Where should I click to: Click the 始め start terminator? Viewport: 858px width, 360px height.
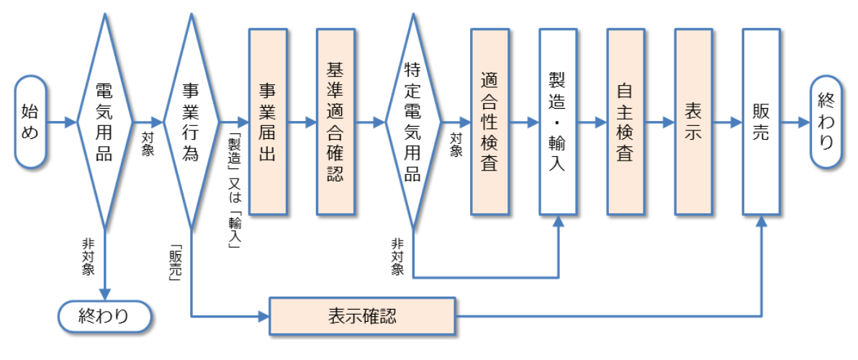click(x=30, y=122)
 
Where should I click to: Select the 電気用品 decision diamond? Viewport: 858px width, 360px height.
click(x=104, y=122)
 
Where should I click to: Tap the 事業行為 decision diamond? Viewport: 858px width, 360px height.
click(x=191, y=122)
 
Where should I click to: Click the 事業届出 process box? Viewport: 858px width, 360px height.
click(x=268, y=122)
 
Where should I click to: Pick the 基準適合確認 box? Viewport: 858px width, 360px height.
click(x=335, y=122)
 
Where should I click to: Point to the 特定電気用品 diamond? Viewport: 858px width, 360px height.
click(x=412, y=122)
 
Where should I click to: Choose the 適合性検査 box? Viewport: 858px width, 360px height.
click(x=489, y=122)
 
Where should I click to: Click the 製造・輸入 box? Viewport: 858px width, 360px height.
click(x=558, y=122)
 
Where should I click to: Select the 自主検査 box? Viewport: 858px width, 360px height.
click(x=626, y=122)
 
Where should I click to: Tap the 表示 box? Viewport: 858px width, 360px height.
click(x=693, y=122)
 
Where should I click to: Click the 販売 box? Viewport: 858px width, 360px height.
click(x=761, y=122)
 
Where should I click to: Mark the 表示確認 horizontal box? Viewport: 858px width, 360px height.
click(x=363, y=315)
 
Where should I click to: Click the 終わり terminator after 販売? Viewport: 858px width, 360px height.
click(x=826, y=122)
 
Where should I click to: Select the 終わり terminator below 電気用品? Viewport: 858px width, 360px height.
click(x=104, y=315)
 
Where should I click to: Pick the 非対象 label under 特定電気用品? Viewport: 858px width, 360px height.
click(x=397, y=256)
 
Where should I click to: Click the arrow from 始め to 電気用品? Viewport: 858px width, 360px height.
click(x=60, y=122)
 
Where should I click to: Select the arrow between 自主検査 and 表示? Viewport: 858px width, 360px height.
click(x=659, y=122)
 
